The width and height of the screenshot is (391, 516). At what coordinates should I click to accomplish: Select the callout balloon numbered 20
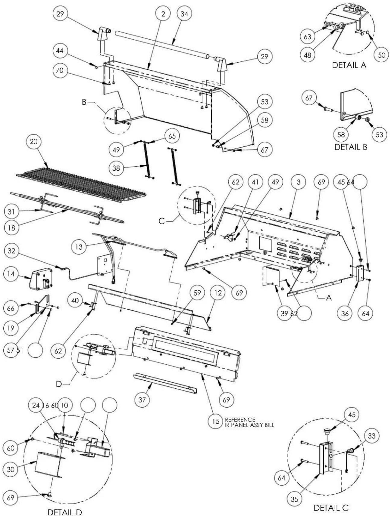pyautogui.click(x=34, y=141)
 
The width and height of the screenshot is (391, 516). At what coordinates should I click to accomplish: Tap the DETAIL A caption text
pyautogui.click(x=349, y=65)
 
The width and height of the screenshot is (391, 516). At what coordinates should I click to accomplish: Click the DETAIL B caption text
pyautogui.click(x=351, y=147)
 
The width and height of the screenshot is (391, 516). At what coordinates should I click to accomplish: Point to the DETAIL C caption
pyautogui.click(x=331, y=508)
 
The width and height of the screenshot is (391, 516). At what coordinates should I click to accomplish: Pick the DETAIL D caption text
pyautogui.click(x=65, y=512)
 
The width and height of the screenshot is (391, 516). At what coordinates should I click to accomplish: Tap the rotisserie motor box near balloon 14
pyautogui.click(x=41, y=279)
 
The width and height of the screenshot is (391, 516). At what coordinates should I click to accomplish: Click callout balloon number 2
pyautogui.click(x=163, y=14)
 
